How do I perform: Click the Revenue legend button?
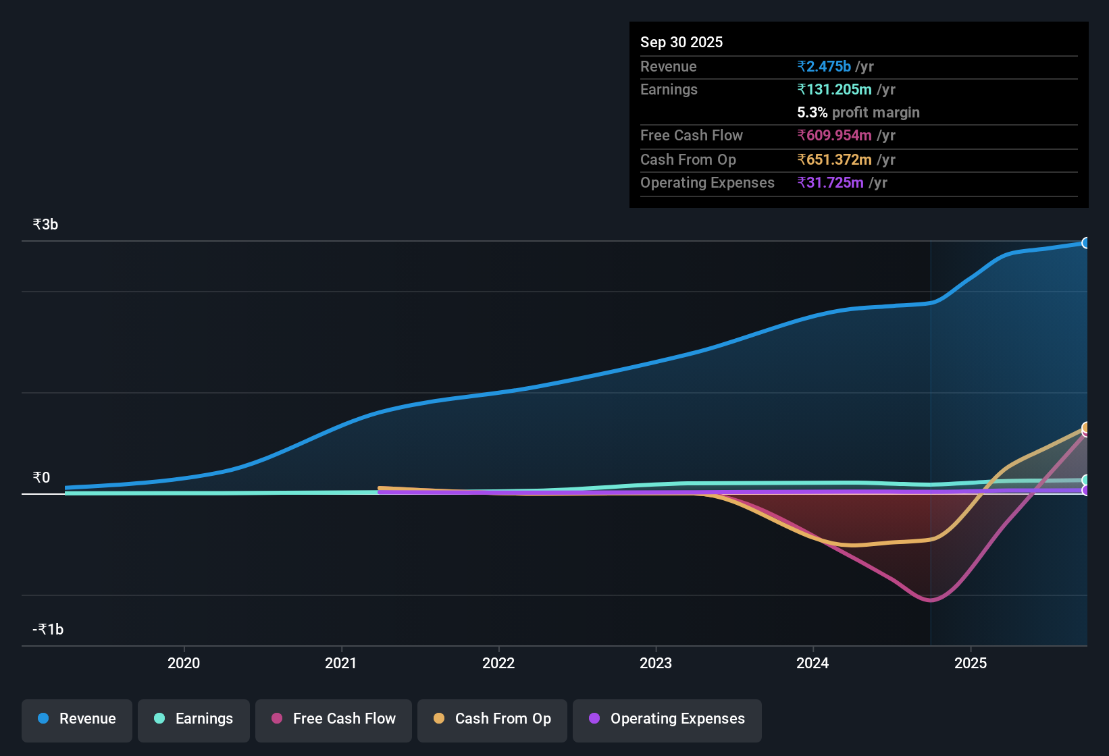77,719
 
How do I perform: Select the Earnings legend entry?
194,719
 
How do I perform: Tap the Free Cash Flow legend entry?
334,719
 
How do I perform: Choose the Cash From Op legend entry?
492,719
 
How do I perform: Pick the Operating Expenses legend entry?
667,719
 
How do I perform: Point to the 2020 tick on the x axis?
184,663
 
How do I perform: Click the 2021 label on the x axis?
341,663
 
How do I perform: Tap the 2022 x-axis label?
498,663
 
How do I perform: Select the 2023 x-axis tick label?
656,663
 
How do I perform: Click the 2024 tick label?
813,663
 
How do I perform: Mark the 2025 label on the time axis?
971,663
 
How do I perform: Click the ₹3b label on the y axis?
45,225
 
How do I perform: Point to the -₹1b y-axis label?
48,630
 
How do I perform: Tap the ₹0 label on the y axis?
41,478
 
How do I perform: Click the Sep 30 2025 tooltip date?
681,42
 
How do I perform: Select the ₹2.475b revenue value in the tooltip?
824,66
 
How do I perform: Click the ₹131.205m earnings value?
835,89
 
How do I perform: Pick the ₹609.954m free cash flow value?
835,135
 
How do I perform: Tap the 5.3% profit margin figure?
813,112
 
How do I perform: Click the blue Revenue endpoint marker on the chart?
1085,243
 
